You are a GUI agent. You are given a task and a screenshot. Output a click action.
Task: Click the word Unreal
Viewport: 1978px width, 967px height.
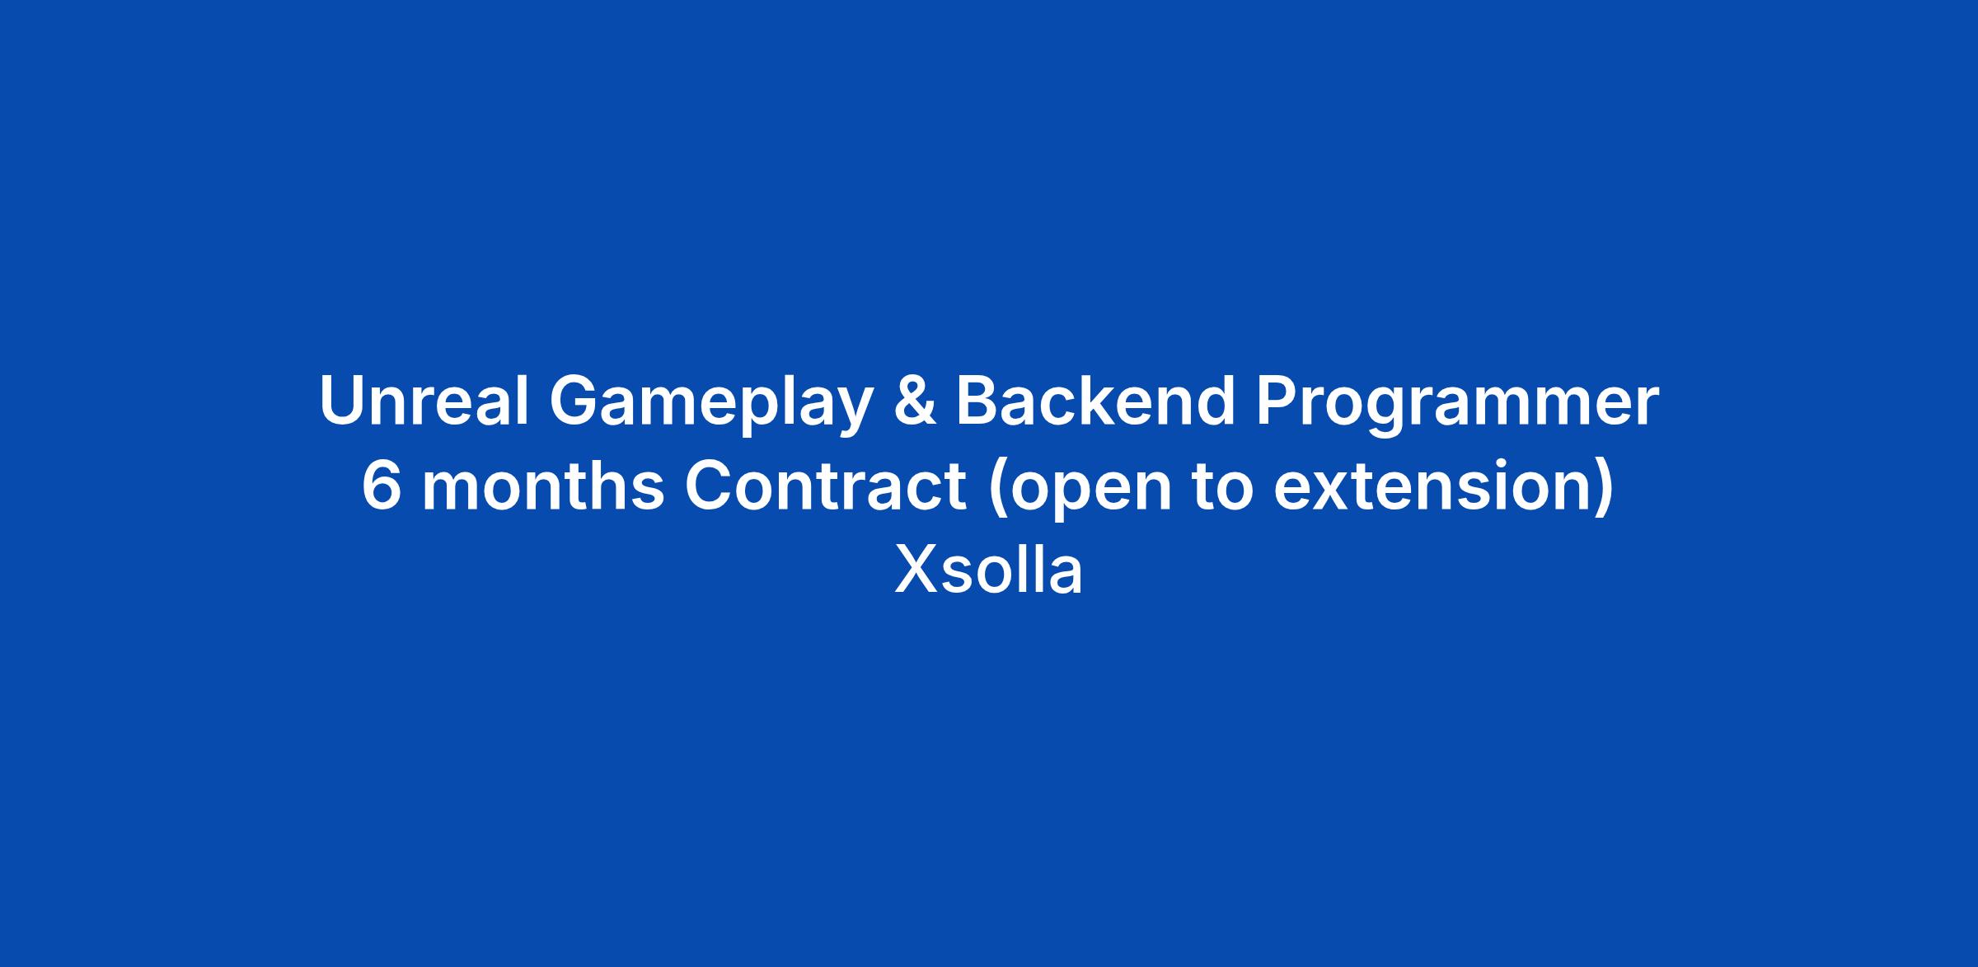point(424,401)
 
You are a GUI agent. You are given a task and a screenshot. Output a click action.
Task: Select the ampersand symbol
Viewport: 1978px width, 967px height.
point(915,401)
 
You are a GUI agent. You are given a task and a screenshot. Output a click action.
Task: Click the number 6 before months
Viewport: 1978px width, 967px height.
point(380,486)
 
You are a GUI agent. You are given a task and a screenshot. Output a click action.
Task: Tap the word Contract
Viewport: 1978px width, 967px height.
point(825,486)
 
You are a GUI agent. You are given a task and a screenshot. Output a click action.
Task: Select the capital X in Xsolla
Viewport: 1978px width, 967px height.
point(916,570)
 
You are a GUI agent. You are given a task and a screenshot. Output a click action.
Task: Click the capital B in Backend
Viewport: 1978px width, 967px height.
point(977,401)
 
